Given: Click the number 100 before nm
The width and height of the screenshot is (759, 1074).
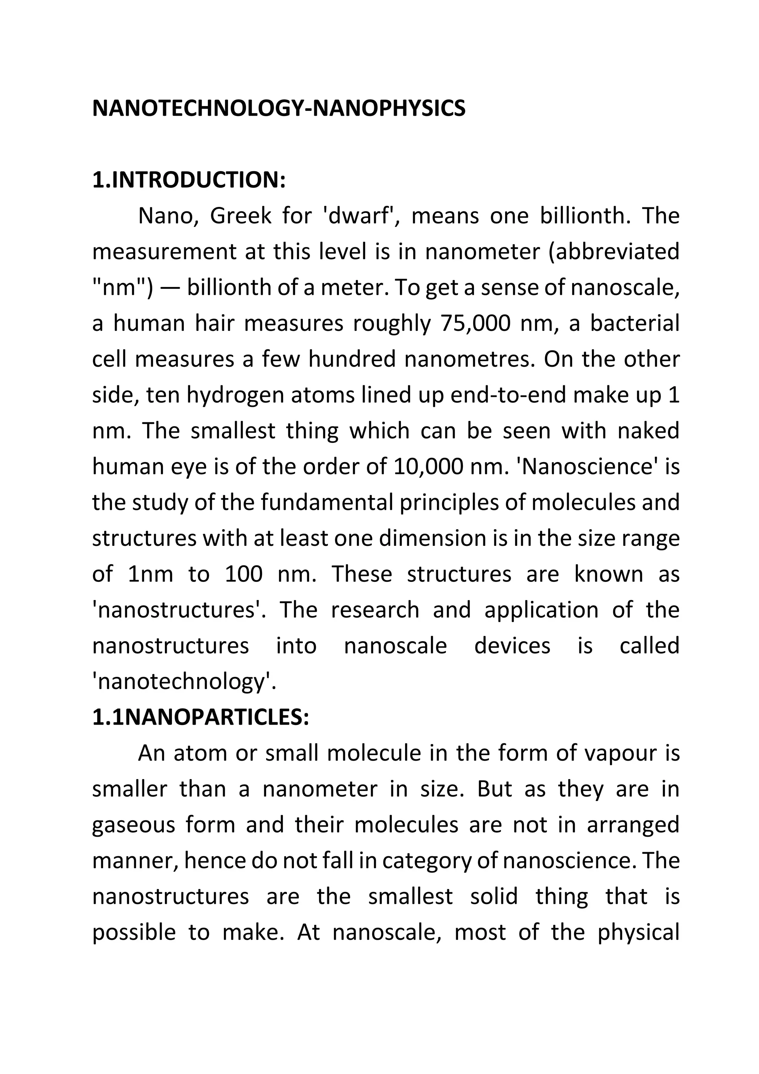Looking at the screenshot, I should coord(243,574).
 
